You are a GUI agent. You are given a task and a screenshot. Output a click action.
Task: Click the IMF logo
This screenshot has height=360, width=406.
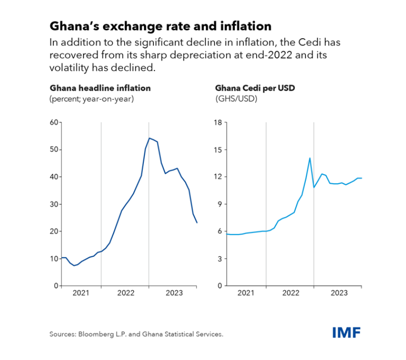347,332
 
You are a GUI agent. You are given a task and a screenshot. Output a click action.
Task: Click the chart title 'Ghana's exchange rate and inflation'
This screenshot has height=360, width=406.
160,26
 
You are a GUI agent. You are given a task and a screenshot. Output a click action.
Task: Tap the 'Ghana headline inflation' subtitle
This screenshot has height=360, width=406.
100,88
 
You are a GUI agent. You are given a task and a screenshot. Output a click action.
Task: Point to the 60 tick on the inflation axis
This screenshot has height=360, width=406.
54,122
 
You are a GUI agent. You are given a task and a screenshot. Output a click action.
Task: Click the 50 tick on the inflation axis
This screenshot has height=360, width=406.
54,150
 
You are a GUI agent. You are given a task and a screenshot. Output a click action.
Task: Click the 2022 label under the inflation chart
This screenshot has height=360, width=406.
125,293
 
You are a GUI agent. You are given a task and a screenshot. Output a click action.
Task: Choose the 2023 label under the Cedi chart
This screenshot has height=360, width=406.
338,293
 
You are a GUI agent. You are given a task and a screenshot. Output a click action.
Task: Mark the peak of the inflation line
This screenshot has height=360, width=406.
149,138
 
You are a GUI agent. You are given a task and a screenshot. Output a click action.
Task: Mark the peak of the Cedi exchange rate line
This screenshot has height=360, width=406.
309,158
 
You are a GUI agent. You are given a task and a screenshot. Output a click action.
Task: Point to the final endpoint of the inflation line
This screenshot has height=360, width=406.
197,223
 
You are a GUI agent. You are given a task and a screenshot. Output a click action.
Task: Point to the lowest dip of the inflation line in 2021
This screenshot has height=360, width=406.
74,265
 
